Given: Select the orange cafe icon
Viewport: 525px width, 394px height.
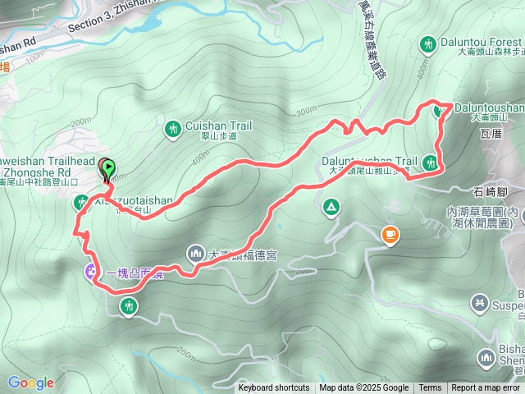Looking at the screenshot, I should pos(389,236).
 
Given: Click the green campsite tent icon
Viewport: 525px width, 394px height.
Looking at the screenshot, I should pos(331,205).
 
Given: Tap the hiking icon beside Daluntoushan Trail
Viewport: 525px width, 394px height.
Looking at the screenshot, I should pos(431,162).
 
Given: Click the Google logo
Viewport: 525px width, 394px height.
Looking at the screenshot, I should pos(31,383).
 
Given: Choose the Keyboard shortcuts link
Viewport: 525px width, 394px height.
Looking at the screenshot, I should pos(274,388).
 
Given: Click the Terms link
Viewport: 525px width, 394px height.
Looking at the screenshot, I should pos(430,388).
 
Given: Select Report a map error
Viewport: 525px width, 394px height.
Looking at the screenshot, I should pos(486,388).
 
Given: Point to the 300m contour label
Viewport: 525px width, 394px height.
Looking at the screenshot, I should pos(305,110).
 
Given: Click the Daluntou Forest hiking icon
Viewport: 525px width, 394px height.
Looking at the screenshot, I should pos(427,43).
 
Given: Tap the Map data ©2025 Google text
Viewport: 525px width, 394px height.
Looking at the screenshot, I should pos(363,388).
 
